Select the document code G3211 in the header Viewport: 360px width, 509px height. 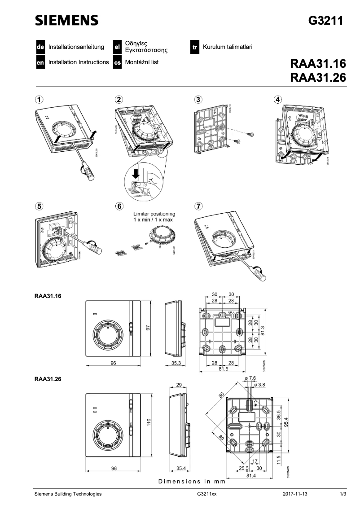[x=327, y=21]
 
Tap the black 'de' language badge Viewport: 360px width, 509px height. [x=40, y=47]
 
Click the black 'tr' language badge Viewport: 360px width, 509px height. [x=195, y=47]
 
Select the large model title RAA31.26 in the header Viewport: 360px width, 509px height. [x=318, y=77]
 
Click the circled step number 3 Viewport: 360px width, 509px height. [x=198, y=99]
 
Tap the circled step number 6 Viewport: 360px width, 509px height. [x=119, y=206]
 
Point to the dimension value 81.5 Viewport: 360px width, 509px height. [x=223, y=369]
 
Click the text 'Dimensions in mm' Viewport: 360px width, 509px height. [x=192, y=482]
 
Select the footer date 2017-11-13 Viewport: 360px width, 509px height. [x=295, y=494]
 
